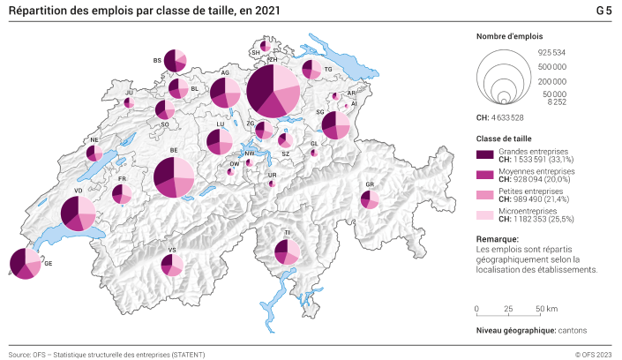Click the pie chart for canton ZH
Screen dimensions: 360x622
pyautogui.click(x=274, y=90)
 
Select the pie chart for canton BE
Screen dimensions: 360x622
pyautogui.click(x=174, y=178)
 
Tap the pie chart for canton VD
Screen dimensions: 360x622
pyautogui.click(x=78, y=214)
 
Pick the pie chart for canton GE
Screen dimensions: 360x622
pyautogui.click(x=24, y=264)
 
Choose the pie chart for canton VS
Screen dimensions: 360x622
pyautogui.click(x=172, y=264)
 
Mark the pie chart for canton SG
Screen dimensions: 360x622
pyautogui.click(x=335, y=125)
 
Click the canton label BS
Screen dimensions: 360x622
pyautogui.click(x=157, y=61)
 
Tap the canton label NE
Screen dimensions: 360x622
pyautogui.click(x=94, y=140)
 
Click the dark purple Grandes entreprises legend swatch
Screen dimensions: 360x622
pyautogui.click(x=484, y=154)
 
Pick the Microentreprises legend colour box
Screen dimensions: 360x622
pyautogui.click(x=484, y=215)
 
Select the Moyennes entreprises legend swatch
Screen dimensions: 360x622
pyautogui.click(x=484, y=175)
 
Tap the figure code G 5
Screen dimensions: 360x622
pyautogui.click(x=604, y=11)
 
